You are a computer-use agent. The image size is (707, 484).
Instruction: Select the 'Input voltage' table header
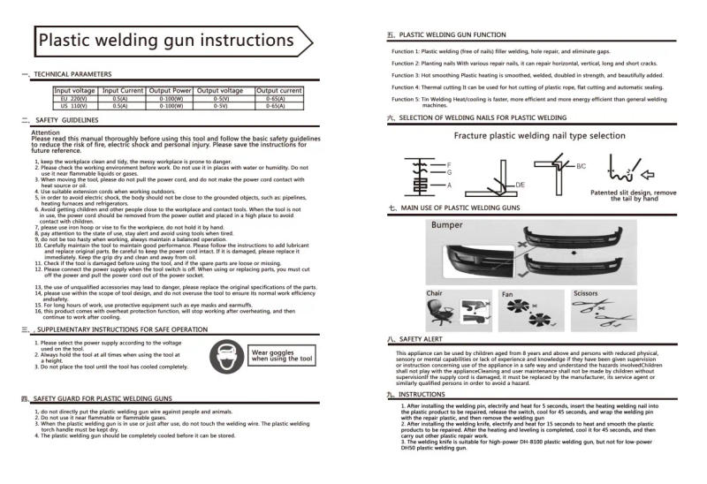pos(75,91)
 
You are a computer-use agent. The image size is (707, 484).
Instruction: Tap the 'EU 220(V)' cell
pos(75,98)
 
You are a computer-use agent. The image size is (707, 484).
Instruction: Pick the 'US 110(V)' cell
pos(75,105)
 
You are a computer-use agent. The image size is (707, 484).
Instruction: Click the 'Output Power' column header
pos(171,91)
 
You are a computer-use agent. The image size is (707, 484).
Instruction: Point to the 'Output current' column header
pos(279,91)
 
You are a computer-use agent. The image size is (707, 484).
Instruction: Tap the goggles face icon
pos(224,357)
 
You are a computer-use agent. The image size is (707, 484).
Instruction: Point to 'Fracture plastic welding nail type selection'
pos(539,136)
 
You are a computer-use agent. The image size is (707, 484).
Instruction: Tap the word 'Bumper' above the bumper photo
pos(446,226)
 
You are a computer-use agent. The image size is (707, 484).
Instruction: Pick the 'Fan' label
pos(507,293)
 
